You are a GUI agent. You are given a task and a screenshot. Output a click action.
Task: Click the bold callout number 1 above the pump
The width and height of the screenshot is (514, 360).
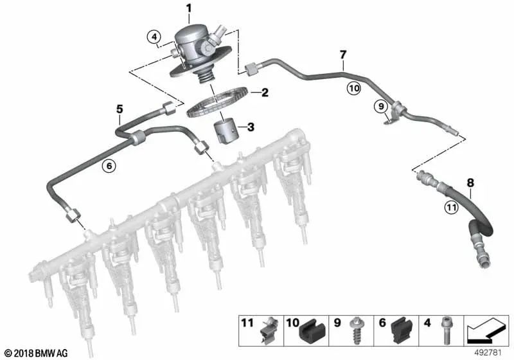188,8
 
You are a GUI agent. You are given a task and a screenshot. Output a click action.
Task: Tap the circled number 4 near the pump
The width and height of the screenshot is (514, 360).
154,37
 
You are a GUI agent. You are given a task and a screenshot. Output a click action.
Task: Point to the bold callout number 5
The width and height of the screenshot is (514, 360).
120,109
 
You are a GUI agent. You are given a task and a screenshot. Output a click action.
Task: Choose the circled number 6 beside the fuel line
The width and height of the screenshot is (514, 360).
109,166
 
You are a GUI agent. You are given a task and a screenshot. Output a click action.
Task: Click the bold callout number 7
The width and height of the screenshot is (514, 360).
343,55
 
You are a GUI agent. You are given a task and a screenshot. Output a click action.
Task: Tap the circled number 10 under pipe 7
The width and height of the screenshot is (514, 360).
354,88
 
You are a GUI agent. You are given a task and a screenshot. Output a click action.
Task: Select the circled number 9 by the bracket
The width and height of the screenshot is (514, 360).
381,106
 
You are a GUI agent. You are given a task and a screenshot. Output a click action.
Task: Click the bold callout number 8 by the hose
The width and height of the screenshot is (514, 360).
470,183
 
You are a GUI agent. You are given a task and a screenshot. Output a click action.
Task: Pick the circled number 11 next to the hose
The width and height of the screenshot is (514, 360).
452,207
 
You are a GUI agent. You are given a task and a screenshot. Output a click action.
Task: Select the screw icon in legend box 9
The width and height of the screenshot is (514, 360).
355,330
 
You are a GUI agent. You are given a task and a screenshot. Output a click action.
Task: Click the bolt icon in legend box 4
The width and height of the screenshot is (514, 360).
447,330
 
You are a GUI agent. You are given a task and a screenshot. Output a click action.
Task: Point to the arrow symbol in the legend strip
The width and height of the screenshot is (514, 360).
486,330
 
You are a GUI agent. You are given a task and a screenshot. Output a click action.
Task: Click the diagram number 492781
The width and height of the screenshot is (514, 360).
488,353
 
